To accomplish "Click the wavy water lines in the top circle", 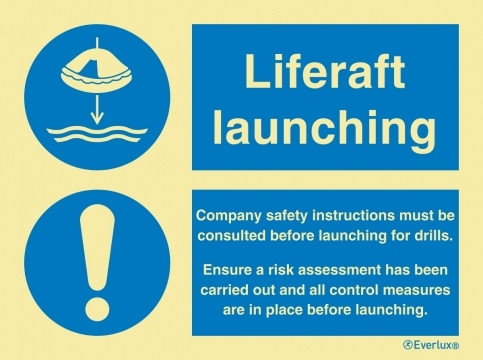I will coord(96,134).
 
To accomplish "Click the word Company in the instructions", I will coord(225,215).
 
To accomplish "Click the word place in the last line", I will coord(294,310).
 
